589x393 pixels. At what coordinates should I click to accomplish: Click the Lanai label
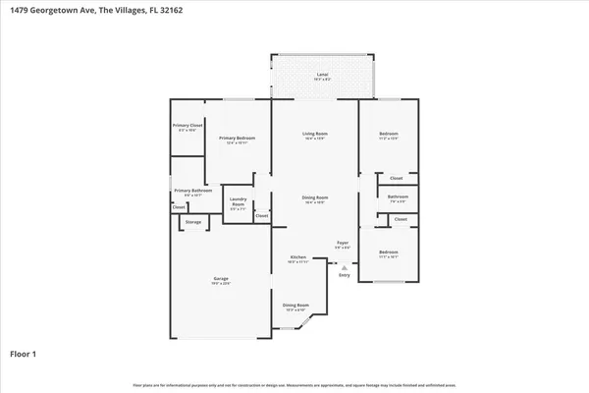tap(322, 74)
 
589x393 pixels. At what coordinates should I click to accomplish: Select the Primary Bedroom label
tap(237, 138)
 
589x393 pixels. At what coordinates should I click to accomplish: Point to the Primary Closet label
tap(187, 126)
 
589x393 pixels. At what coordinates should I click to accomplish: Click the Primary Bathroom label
tap(193, 191)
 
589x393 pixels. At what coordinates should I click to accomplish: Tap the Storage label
tap(193, 222)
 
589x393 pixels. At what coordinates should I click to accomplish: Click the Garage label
tap(221, 279)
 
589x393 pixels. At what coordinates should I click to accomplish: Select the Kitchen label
tap(298, 258)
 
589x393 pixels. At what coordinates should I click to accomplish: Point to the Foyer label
tap(343, 242)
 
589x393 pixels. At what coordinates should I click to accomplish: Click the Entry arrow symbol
tap(344, 266)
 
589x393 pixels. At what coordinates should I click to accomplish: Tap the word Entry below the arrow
tap(344, 275)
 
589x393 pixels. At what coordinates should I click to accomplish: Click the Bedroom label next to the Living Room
tap(388, 135)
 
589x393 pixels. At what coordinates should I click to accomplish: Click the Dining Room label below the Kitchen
tap(296, 306)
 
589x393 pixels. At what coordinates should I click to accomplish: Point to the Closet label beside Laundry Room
tap(262, 215)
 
